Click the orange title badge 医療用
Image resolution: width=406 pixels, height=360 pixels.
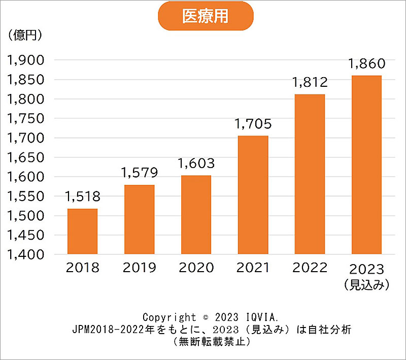coord(205,16)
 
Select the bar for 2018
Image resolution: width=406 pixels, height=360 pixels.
coord(82,232)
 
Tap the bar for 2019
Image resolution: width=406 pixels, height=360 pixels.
coord(139,219)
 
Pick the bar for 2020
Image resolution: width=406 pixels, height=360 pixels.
coord(196,215)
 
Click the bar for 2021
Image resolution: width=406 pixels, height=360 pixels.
coord(253,195)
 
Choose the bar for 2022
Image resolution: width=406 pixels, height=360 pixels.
coord(310,174)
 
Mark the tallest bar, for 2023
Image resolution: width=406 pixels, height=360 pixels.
coord(366,165)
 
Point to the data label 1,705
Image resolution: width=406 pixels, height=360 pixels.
coord(253,123)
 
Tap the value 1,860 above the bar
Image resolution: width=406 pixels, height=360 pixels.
coord(366,64)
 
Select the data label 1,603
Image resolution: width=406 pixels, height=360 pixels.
coord(196,163)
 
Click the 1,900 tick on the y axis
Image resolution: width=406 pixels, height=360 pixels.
coord(25,60)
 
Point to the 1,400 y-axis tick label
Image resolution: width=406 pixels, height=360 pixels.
coord(25,254)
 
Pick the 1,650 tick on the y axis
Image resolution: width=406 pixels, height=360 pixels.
coord(25,157)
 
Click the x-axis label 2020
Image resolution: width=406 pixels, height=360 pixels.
coord(196,268)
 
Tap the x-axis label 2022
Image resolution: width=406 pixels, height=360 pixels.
coord(310,268)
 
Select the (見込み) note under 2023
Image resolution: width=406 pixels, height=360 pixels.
coord(366,285)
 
